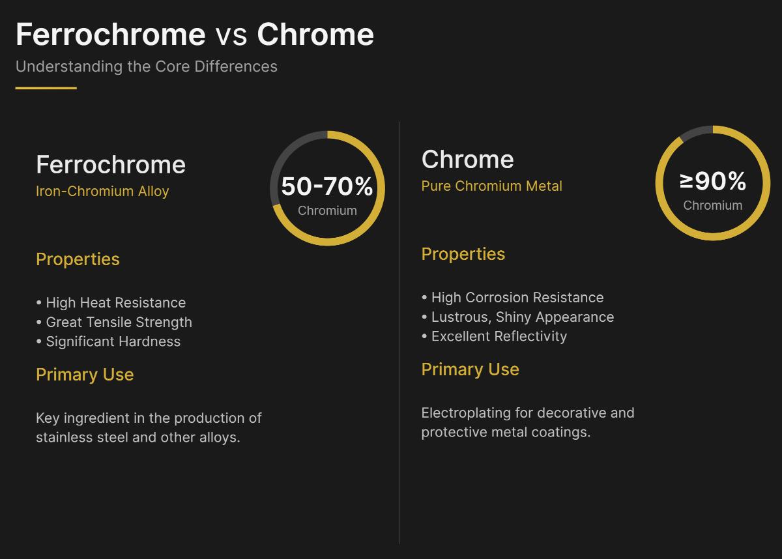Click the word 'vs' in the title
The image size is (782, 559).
(231, 35)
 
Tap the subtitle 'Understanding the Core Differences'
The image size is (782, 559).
(147, 66)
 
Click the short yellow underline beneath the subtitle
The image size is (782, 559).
(46, 88)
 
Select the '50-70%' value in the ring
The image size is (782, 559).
(327, 186)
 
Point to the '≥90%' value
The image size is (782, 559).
(713, 181)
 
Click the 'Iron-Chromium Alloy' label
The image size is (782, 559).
(102, 192)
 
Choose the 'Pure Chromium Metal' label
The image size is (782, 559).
(491, 186)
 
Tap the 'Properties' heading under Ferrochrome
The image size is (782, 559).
(78, 259)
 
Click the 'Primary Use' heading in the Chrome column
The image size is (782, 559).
(470, 369)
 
